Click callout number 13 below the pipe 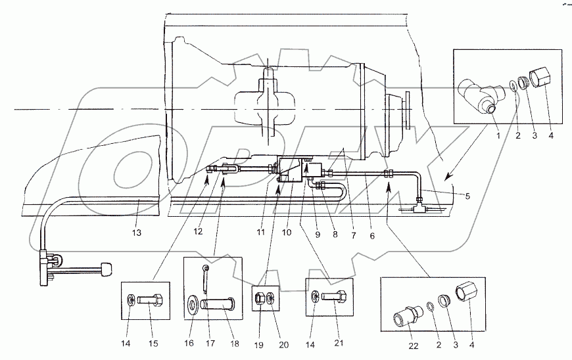[x=137, y=232]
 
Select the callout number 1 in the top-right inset [x=498, y=135]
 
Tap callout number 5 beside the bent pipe [x=467, y=196]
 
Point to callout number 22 [x=414, y=346]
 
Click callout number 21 [x=339, y=343]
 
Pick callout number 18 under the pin [x=235, y=343]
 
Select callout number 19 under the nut [x=258, y=345]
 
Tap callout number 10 [x=287, y=232]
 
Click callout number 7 [x=353, y=236]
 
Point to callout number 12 [x=198, y=231]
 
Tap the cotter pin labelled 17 [x=206, y=278]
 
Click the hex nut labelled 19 [x=260, y=298]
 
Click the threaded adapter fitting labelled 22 [x=408, y=316]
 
